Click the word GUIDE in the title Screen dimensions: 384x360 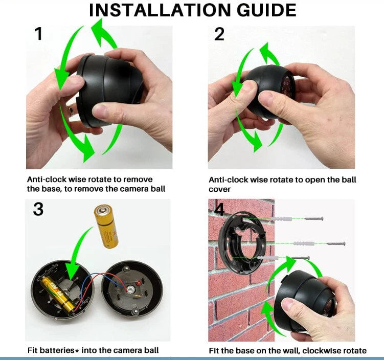pyautogui.click(x=266, y=10)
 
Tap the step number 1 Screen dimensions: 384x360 pyautogui.click(x=39, y=34)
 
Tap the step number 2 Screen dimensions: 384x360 pyautogui.click(x=219, y=34)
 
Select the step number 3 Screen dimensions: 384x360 pyautogui.click(x=38, y=209)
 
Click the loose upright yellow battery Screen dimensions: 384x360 pyautogui.click(x=106, y=227)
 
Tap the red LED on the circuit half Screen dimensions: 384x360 pyautogui.click(x=138, y=283)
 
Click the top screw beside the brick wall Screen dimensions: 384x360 pyautogui.click(x=314, y=218)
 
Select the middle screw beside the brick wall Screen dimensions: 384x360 pyautogui.click(x=336, y=244)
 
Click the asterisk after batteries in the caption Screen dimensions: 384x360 pyautogui.click(x=77, y=351)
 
